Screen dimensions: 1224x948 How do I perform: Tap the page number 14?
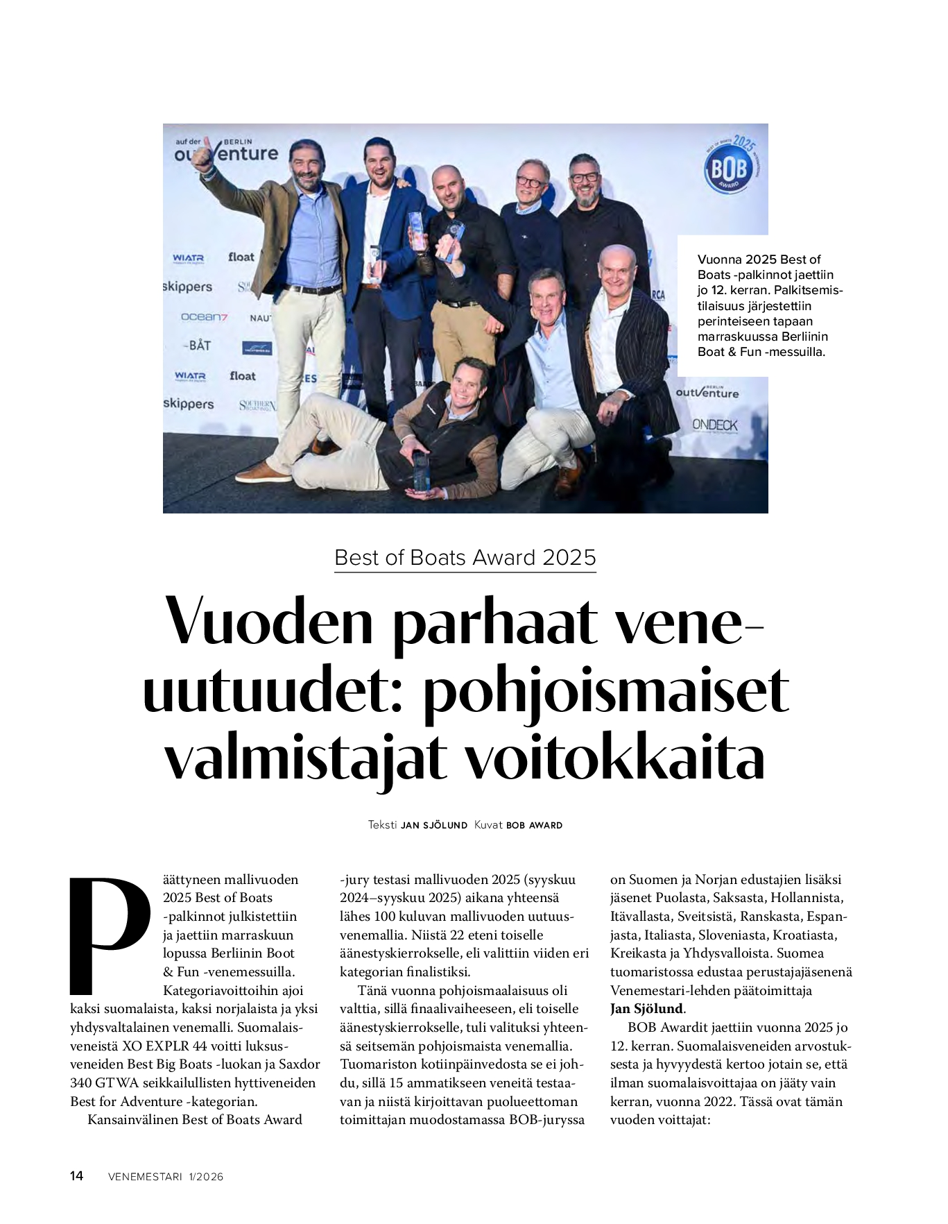[x=77, y=1175]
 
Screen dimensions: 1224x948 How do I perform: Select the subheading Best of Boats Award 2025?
[x=465, y=558]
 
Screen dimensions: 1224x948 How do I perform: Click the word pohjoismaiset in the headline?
[x=605, y=690]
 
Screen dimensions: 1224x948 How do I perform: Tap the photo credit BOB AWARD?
[x=534, y=826]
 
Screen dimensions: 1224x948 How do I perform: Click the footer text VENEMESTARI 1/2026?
[x=166, y=1177]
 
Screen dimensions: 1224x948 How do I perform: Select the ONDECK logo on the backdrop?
[x=714, y=425]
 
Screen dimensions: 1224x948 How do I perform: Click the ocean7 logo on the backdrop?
[x=204, y=317]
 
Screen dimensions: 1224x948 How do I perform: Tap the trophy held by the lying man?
[x=421, y=473]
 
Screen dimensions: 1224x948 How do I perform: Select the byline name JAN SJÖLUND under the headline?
[x=434, y=826]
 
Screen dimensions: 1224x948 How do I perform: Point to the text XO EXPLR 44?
[x=162, y=1046]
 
